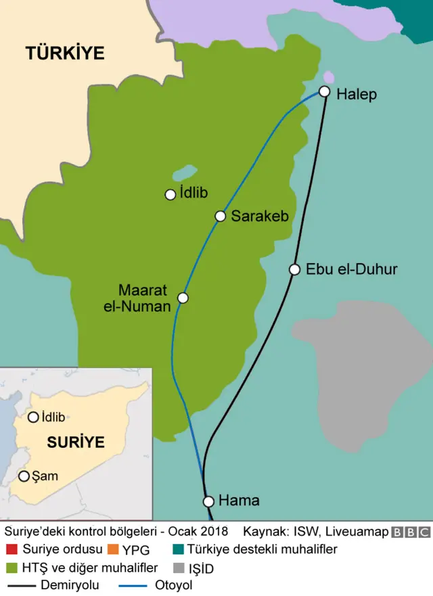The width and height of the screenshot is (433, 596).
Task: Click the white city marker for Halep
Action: pyautogui.click(x=325, y=91)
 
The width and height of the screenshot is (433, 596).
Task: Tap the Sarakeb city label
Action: pyautogui.click(x=260, y=216)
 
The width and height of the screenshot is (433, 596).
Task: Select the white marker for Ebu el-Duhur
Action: pyautogui.click(x=294, y=269)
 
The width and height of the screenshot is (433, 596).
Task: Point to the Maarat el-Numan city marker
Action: pyautogui.click(x=183, y=298)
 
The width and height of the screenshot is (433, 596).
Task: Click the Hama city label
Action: pyautogui.click(x=239, y=501)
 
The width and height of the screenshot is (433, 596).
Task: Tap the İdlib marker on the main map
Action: pyautogui.click(x=170, y=195)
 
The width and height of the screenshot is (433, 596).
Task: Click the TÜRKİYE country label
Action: pyautogui.click(x=65, y=53)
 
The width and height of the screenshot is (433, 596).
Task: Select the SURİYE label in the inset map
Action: pyautogui.click(x=76, y=443)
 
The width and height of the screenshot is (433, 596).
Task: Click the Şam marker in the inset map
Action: pyautogui.click(x=24, y=476)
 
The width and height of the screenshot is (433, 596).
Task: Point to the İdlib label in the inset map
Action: pyautogui.click(x=53, y=417)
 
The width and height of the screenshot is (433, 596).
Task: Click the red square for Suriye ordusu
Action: pyautogui.click(x=10, y=549)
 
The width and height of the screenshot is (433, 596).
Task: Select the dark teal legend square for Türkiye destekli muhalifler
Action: pyautogui.click(x=178, y=549)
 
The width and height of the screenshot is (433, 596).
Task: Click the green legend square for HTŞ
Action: pyautogui.click(x=10, y=568)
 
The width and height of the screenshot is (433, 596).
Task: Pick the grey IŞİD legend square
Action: pyautogui.click(x=178, y=568)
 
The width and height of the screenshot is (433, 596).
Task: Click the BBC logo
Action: pyautogui.click(x=411, y=532)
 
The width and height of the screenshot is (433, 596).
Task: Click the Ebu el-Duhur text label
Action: pyautogui.click(x=351, y=269)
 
